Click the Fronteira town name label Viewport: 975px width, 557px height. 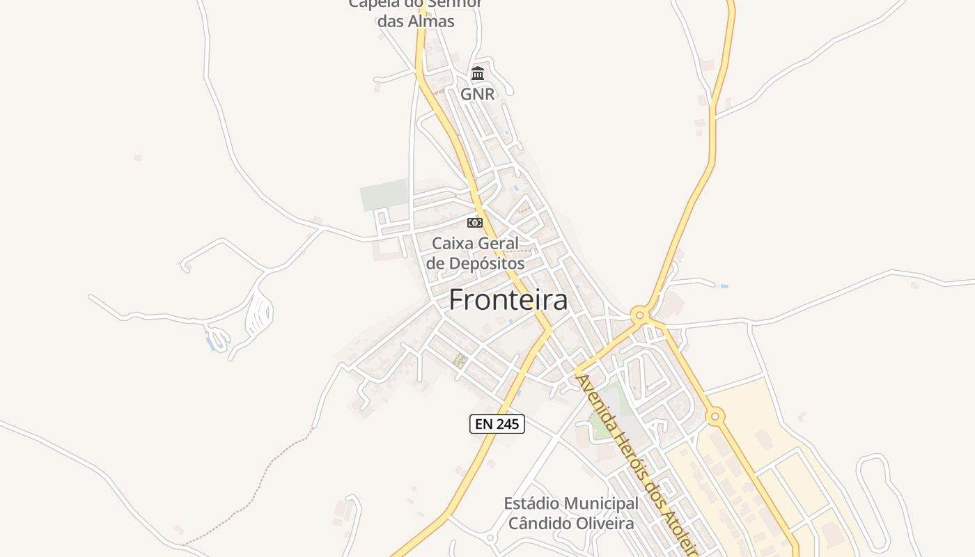pyautogui.click(x=508, y=300)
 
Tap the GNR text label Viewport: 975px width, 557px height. pyautogui.click(x=478, y=94)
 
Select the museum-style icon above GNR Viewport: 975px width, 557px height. pyautogui.click(x=478, y=73)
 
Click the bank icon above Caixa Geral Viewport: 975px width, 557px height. pyautogui.click(x=474, y=223)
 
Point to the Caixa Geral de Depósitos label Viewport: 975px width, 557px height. pyautogui.click(x=476, y=253)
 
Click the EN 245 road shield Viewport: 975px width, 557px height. pyautogui.click(x=497, y=423)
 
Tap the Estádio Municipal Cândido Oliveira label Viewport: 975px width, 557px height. pyautogui.click(x=571, y=513)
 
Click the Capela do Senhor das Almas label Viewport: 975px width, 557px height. pyautogui.click(x=416, y=13)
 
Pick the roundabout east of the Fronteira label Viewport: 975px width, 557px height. pyautogui.click(x=640, y=315)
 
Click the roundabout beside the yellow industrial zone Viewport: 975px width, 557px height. pyautogui.click(x=715, y=417)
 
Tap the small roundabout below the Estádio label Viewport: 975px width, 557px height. pyautogui.click(x=490, y=538)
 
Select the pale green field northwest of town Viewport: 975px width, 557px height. pyautogui.click(x=384, y=195)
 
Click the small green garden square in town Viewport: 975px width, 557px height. pyautogui.click(x=460, y=360)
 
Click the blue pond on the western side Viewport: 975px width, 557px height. pyautogui.click(x=209, y=341)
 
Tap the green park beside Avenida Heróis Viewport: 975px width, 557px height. pyautogui.click(x=600, y=421)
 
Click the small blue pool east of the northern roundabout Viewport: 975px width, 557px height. pyautogui.click(x=724, y=286)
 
